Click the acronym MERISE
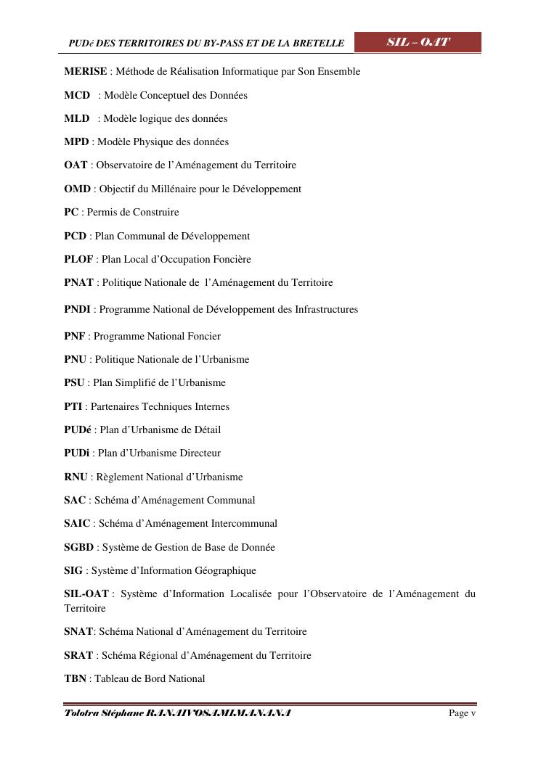[x=86, y=72]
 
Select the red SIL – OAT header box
[x=418, y=42]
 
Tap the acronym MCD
[x=77, y=95]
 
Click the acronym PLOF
[x=78, y=259]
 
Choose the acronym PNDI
[x=77, y=309]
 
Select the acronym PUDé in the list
[x=78, y=430]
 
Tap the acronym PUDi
[x=77, y=453]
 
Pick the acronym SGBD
[x=79, y=547]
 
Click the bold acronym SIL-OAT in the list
[x=86, y=593]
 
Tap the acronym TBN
[x=75, y=678]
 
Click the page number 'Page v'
[x=462, y=713]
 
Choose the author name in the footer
[x=178, y=713]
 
